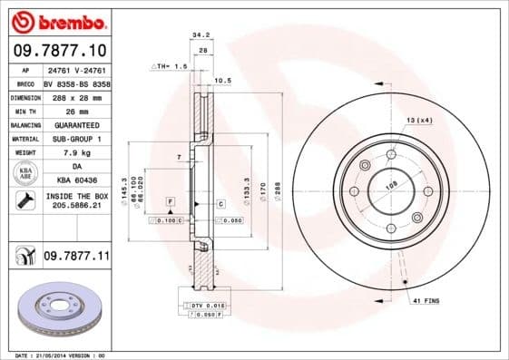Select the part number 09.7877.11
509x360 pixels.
click(x=76, y=258)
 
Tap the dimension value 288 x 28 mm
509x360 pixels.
click(x=77, y=97)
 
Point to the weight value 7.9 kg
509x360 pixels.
click(x=76, y=153)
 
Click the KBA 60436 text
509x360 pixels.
click(x=76, y=180)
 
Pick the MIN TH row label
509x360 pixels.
click(x=24, y=111)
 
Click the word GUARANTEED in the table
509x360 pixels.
click(x=76, y=124)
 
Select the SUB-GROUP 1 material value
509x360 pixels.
click(x=76, y=139)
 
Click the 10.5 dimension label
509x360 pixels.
click(x=223, y=81)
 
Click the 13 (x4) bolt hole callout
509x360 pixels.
click(x=418, y=120)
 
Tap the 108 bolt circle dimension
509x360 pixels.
click(x=392, y=185)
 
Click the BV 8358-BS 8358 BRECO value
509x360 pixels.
click(x=77, y=83)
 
